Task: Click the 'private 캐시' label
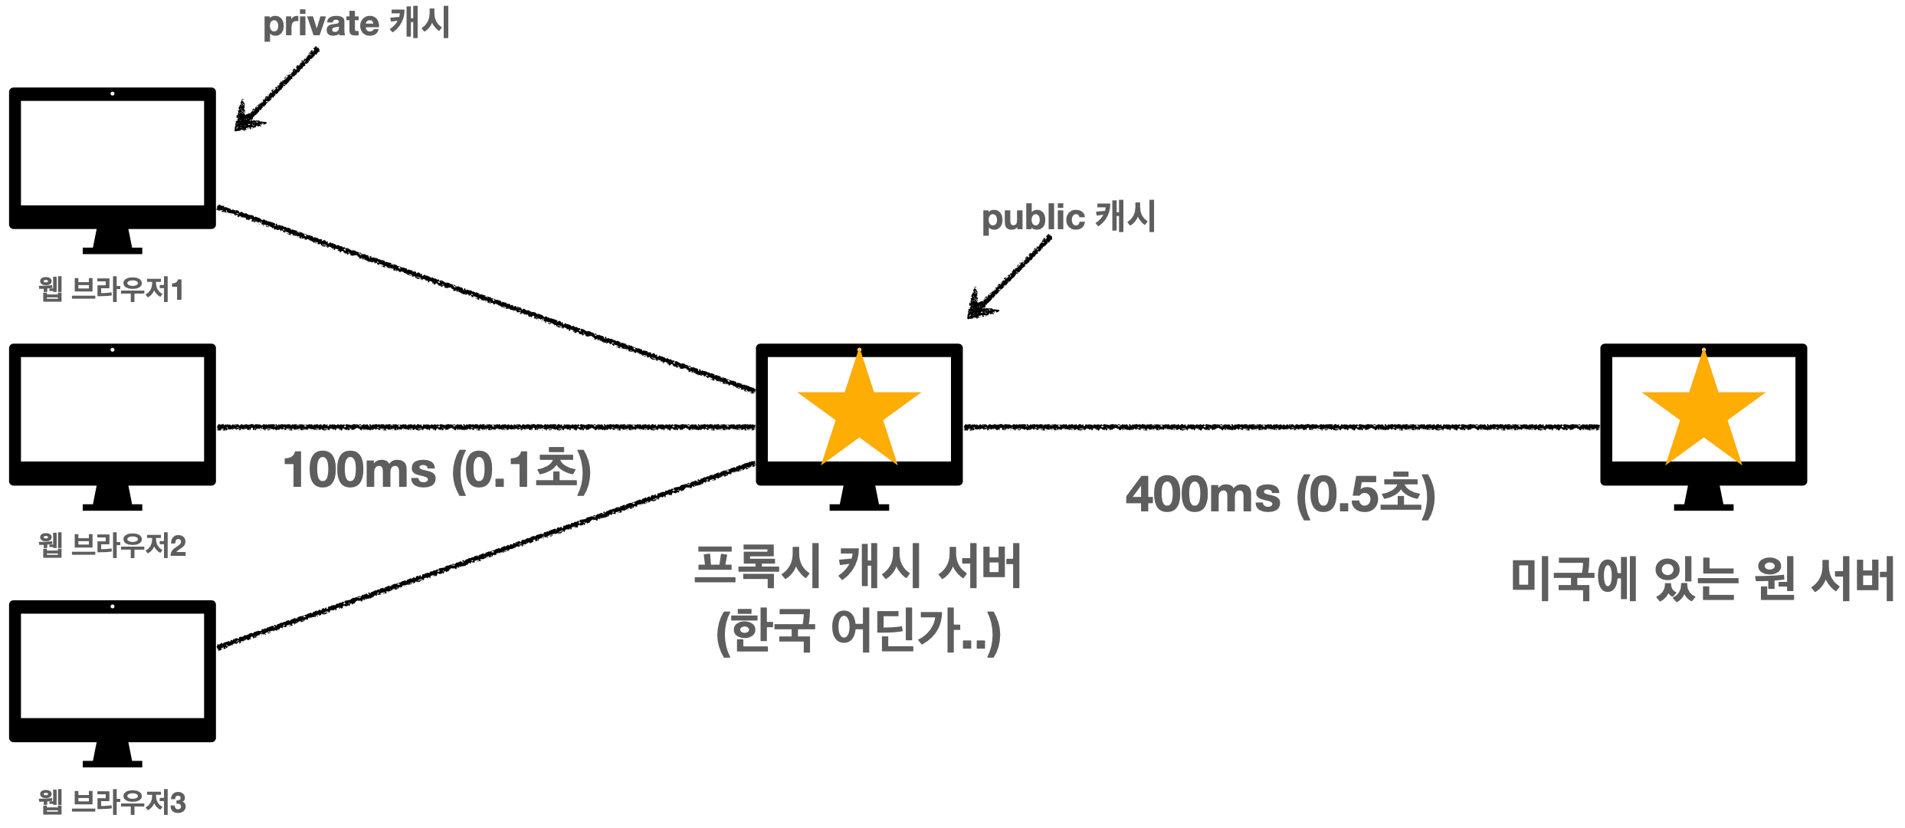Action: (x=356, y=23)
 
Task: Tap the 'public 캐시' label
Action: (x=1068, y=217)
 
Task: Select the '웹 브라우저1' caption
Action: (x=112, y=290)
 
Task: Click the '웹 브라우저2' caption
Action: (x=113, y=546)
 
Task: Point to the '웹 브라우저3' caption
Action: (x=113, y=802)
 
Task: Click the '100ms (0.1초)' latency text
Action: (x=437, y=470)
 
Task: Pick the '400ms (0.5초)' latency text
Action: (x=1280, y=495)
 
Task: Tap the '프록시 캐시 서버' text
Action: (x=858, y=567)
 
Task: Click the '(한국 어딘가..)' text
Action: (x=858, y=631)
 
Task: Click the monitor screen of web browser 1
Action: (x=113, y=153)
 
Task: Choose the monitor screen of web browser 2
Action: (x=113, y=409)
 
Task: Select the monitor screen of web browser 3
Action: (x=113, y=665)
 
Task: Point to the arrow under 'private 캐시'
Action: (x=276, y=90)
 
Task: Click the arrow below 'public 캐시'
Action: (x=1008, y=278)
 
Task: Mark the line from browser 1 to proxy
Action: (x=487, y=299)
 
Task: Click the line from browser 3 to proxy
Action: (x=487, y=555)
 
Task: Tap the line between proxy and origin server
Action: (x=1280, y=427)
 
